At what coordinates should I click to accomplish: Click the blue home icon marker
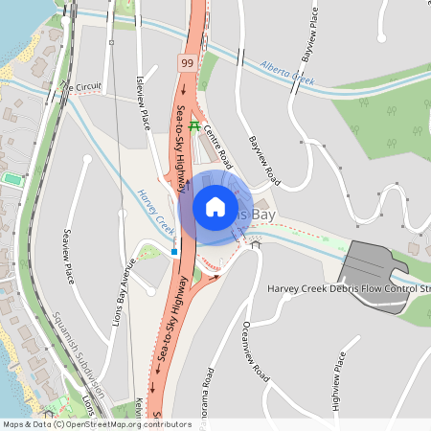[215, 206]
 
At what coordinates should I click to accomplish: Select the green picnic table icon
[194, 125]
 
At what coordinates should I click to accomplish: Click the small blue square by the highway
[174, 252]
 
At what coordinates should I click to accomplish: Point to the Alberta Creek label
[287, 74]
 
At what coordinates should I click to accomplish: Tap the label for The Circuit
[79, 87]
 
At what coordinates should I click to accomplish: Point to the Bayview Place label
[312, 29]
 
